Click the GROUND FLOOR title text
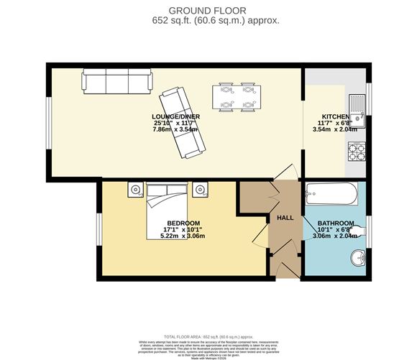coord(208,9)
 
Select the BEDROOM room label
coord(183,223)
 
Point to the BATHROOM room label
coord(335,223)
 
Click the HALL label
coord(285,218)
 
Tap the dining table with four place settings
coord(237,98)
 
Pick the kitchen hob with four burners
coord(357,152)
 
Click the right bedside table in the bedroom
coord(200,190)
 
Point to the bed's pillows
coord(167,190)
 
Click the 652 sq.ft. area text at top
coord(208,21)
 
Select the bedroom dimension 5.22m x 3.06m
coord(183,236)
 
